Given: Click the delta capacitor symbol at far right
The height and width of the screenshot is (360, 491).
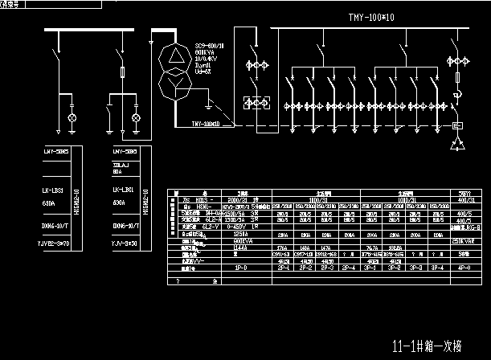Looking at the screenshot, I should [457, 142].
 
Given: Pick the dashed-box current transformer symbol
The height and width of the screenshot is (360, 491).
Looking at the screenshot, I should [256, 103].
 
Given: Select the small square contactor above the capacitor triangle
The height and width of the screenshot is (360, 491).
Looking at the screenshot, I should [457, 125].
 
